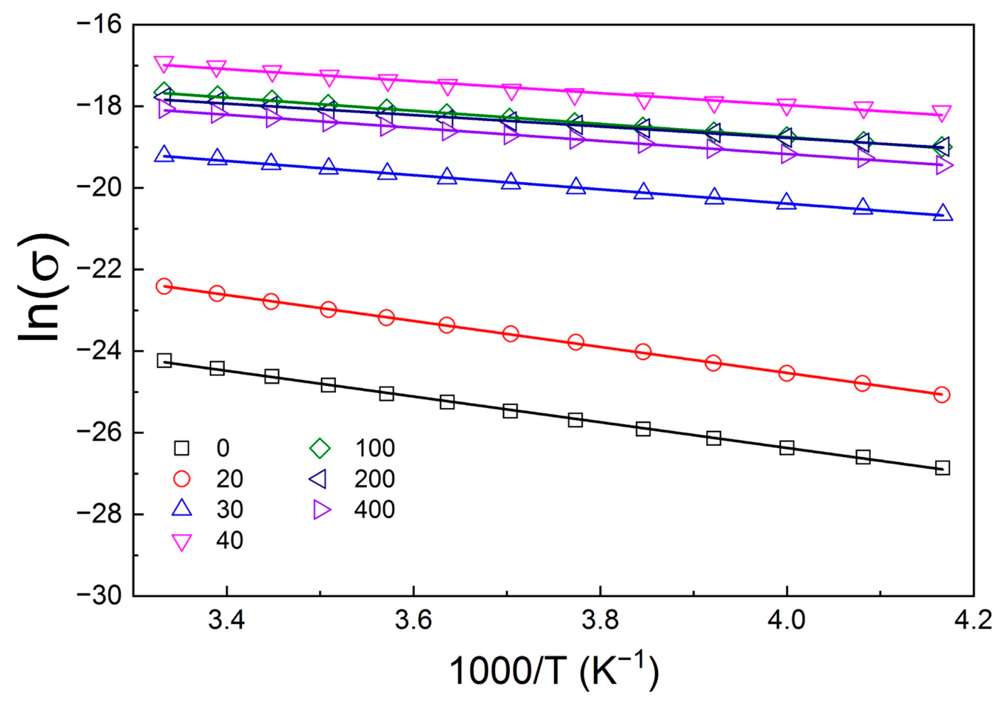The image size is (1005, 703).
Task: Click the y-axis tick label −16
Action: (100, 25)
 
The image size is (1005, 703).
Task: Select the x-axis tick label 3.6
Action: (413, 620)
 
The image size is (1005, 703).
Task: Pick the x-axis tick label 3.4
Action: (226, 620)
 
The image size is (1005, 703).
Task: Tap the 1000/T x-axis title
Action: (554, 671)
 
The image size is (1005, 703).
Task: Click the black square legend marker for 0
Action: (182, 448)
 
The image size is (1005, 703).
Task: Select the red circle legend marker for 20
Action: (182, 479)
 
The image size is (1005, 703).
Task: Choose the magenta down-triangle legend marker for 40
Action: (182, 542)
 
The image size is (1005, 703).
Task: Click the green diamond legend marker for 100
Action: (320, 448)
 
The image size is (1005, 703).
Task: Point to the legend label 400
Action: (374, 510)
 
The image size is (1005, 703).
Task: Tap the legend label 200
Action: (374, 479)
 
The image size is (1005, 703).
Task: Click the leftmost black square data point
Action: (164, 361)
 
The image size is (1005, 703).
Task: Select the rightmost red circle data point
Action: (942, 395)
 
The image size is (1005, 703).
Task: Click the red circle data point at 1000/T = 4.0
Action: (787, 374)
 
